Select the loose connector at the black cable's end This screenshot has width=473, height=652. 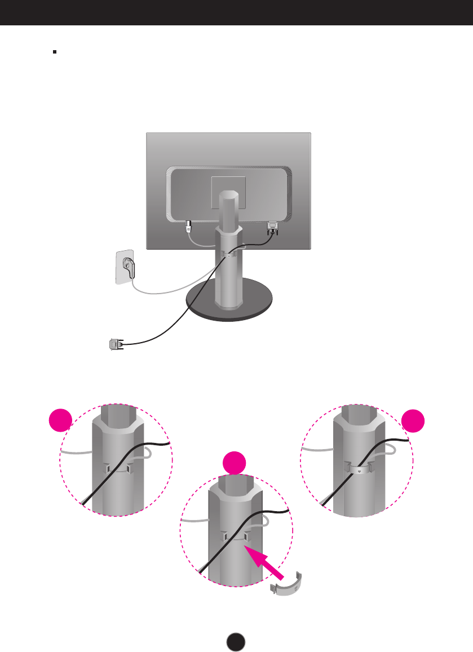click(115, 343)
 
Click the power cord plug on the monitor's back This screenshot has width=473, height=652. click(188, 228)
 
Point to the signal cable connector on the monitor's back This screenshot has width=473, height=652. click(272, 228)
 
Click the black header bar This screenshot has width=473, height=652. click(236, 12)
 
